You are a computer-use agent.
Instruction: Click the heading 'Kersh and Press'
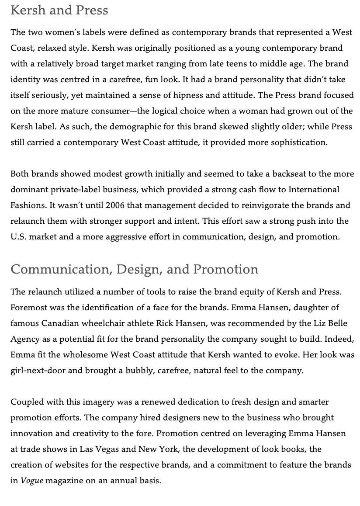59,10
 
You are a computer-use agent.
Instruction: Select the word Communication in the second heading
61,269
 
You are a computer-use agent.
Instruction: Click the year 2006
115,205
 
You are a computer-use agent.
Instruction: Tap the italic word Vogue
32,481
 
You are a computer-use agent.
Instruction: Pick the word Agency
24,339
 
